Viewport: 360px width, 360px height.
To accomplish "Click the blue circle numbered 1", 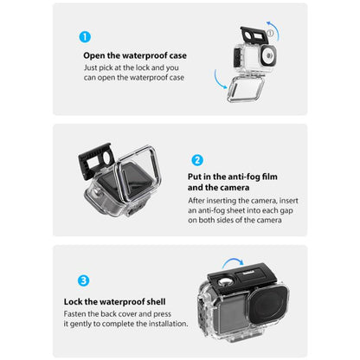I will (x=85, y=38).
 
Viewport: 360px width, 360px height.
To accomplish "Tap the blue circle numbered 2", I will (x=196, y=160).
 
